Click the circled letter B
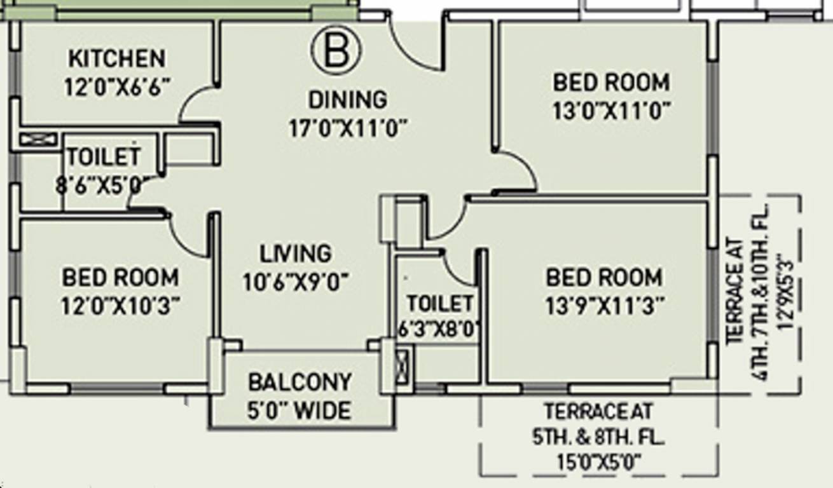coord(336,50)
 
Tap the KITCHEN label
coord(116,58)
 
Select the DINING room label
coord(347,100)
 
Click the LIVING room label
coord(295,253)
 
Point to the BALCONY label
coord(299,383)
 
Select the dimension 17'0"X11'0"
coord(347,128)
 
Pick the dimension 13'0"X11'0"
coord(610,112)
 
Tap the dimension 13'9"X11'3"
coord(605,306)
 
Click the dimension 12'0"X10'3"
coord(119,306)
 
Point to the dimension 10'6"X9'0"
coord(296,281)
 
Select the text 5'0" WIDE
coord(299,411)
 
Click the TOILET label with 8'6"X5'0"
coord(104,156)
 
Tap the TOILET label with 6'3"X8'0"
coord(440,303)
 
